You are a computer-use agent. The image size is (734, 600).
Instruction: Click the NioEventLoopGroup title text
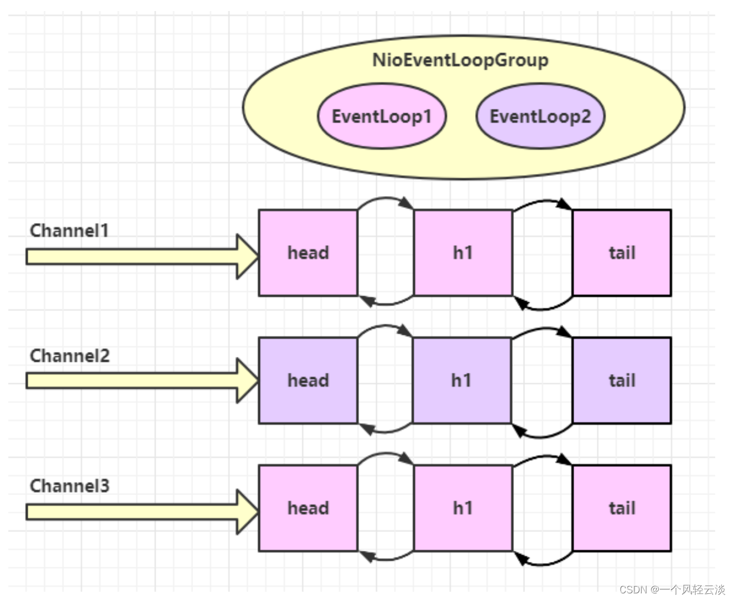460,60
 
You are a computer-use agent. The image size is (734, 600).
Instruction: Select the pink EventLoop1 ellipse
382,117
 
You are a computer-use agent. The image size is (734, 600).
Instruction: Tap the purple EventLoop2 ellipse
540,117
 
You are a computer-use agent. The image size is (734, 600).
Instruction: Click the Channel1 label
69,230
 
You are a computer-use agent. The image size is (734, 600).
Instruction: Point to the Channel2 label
70,356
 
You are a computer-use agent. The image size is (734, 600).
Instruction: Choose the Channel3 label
70,486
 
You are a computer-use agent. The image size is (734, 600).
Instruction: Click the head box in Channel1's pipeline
308,252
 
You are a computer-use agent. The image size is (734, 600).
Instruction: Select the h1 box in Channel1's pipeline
463,252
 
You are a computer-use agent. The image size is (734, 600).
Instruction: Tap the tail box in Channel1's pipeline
622,252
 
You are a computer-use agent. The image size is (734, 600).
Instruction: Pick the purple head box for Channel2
308,380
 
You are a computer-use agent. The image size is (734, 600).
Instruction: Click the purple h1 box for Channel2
462,380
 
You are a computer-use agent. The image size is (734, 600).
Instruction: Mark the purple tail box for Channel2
622,380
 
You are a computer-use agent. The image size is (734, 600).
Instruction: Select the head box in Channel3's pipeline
308,508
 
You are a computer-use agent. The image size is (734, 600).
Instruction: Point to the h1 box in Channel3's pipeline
463,508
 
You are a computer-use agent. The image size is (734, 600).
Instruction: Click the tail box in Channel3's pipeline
622,508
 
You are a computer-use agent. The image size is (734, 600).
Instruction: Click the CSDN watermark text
671,589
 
